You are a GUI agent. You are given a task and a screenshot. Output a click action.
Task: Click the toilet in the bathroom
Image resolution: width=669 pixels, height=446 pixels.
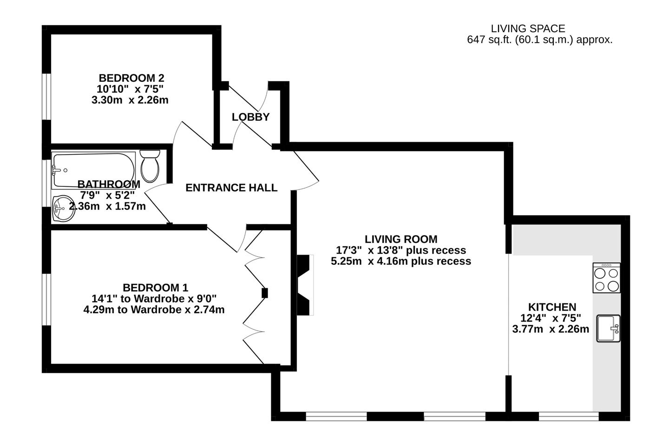pyautogui.click(x=150, y=166)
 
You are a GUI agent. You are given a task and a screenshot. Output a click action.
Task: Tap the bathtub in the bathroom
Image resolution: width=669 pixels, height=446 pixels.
pyautogui.click(x=93, y=171)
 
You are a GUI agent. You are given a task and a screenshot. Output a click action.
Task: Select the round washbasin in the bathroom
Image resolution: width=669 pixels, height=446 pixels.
pyautogui.click(x=64, y=209)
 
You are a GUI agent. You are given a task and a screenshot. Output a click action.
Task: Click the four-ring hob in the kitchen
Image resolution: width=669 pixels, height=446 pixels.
pyautogui.click(x=606, y=278)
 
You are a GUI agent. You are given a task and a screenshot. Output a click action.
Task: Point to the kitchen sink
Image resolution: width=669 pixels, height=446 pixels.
pyautogui.click(x=609, y=328)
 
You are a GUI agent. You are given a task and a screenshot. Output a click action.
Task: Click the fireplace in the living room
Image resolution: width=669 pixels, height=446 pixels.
pyautogui.click(x=305, y=285)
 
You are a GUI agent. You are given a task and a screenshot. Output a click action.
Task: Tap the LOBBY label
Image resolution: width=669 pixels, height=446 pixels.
pyautogui.click(x=250, y=117)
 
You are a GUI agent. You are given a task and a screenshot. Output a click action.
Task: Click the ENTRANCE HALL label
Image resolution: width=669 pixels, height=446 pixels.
pyautogui.click(x=231, y=188)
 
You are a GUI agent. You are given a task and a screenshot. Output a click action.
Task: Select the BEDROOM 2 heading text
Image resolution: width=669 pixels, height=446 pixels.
pyautogui.click(x=131, y=78)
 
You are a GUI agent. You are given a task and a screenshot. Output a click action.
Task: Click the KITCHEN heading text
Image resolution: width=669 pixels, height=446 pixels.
pyautogui.click(x=552, y=307)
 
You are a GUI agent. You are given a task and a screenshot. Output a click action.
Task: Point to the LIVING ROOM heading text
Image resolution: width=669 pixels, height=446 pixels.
pyautogui.click(x=401, y=239)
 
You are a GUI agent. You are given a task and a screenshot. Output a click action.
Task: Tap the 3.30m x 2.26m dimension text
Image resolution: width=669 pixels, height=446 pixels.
pyautogui.click(x=130, y=100)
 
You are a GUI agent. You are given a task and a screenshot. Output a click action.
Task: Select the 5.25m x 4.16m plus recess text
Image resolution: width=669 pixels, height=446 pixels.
pyautogui.click(x=401, y=261)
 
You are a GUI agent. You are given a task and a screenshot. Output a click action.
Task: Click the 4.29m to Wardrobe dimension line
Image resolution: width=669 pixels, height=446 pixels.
pyautogui.click(x=154, y=310)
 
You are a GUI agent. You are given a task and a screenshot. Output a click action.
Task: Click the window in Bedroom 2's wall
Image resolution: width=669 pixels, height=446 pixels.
pyautogui.click(x=46, y=97)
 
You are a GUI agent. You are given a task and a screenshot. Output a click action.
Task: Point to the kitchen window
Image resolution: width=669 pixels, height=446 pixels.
pyautogui.click(x=569, y=416)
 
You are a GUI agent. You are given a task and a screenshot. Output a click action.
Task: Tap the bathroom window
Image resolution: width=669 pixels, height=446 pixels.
pyautogui.click(x=46, y=183)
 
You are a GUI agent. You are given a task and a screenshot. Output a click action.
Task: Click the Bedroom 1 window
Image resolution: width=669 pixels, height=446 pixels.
pyautogui.click(x=46, y=299)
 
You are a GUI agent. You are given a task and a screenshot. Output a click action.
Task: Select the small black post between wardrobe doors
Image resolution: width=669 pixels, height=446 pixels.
pyautogui.click(x=265, y=293)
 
